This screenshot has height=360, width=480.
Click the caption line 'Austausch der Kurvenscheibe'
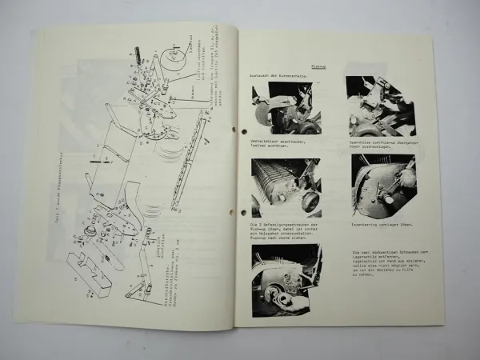(x=278, y=74)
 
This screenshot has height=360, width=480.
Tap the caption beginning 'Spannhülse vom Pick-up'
(x=378, y=143)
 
